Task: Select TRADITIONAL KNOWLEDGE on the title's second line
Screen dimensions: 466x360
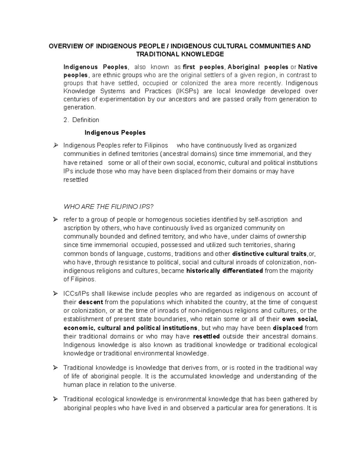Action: (180, 54)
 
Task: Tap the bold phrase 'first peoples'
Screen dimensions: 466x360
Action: (203, 67)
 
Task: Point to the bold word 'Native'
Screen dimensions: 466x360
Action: (307, 67)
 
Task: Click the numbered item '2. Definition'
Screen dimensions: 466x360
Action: (81, 120)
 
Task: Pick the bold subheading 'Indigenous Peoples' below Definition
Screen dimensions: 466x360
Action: (115, 132)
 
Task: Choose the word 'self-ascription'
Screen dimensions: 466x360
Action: (266, 220)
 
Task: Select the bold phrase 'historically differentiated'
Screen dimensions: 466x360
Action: (225, 271)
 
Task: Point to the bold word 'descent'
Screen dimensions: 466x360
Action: (91, 302)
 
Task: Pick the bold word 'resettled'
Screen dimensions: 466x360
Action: (206, 336)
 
